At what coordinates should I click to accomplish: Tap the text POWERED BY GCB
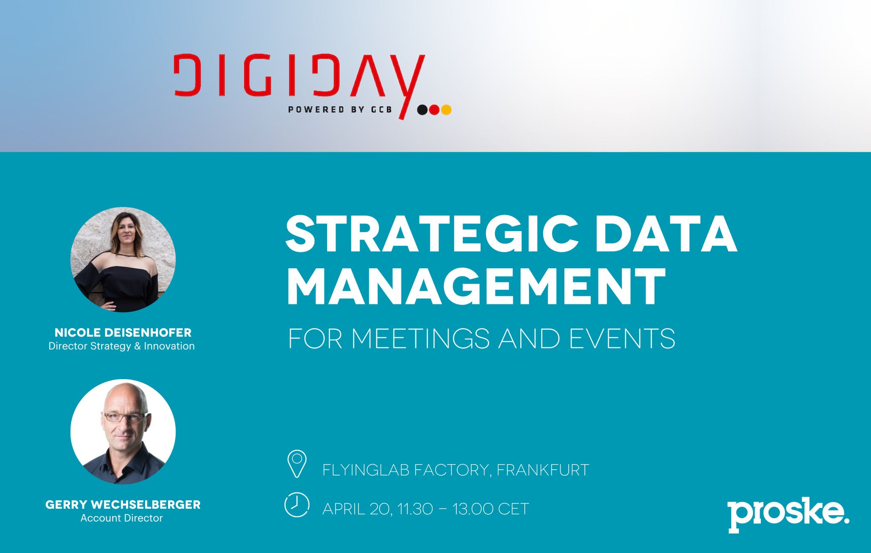[x=340, y=110]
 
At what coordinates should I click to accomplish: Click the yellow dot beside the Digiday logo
[x=446, y=110]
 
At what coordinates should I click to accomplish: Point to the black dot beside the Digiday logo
[x=422, y=110]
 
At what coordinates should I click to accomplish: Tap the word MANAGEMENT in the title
[x=475, y=286]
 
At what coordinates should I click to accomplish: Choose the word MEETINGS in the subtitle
[x=421, y=339]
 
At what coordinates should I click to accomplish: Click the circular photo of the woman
[x=123, y=260]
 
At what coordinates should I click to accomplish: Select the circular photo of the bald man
[x=123, y=432]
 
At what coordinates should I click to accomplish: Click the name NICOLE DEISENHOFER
[x=123, y=332]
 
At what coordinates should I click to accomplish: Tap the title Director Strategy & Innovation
[x=122, y=346]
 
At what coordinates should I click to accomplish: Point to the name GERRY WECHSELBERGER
[x=123, y=505]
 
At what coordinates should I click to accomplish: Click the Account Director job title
[x=122, y=518]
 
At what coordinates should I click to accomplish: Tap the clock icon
[x=296, y=505]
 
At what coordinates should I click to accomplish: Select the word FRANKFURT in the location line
[x=543, y=470]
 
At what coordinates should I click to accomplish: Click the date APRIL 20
[x=356, y=509]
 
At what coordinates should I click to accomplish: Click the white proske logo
[x=788, y=514]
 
